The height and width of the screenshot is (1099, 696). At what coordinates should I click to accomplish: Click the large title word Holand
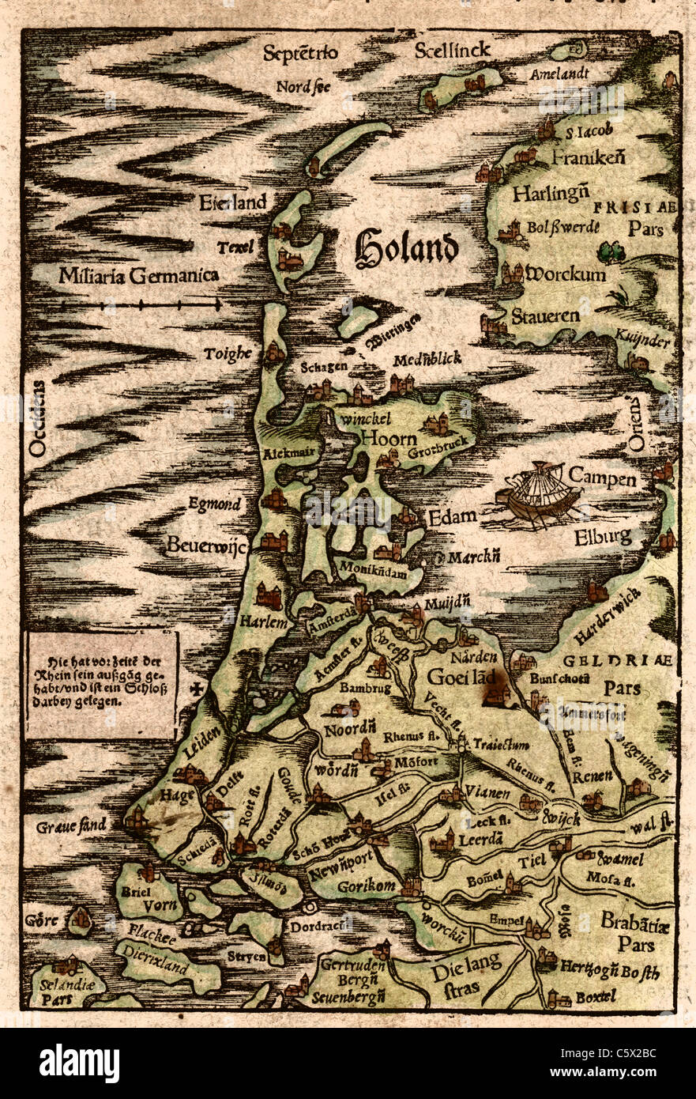click(406, 248)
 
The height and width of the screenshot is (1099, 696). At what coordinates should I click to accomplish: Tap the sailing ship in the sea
click(538, 494)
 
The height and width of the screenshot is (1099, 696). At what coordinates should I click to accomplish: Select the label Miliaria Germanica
click(138, 276)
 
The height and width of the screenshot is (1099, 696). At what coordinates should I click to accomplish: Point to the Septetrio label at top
click(300, 53)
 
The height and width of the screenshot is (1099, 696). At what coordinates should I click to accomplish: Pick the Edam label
click(452, 517)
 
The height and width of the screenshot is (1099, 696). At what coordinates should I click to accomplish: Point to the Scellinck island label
click(452, 50)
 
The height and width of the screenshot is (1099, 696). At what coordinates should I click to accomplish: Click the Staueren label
click(545, 316)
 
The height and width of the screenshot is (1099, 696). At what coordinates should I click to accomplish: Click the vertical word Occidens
click(36, 419)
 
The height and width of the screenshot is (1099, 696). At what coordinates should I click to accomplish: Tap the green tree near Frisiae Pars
click(609, 252)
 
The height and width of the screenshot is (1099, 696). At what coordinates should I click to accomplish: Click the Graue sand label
click(70, 827)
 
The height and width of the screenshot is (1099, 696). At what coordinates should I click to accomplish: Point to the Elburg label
click(604, 537)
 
